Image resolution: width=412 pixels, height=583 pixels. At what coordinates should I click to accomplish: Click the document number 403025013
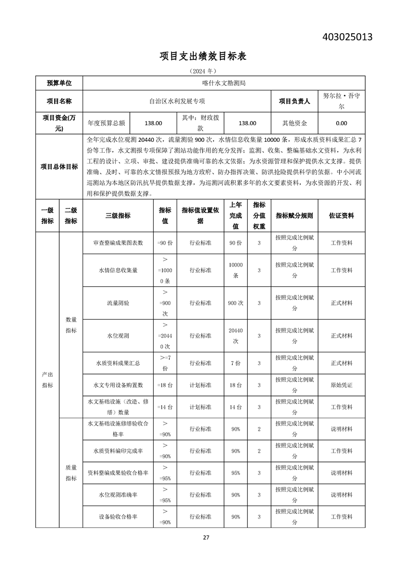coord(348,37)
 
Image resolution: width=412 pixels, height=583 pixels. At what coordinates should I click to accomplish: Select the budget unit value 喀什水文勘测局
coord(223,83)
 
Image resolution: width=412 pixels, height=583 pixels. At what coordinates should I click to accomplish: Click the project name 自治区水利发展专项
coord(177,101)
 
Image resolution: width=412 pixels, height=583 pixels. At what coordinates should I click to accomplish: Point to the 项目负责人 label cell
coord(294,101)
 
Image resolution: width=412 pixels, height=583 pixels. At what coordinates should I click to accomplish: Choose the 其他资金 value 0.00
coord(341,123)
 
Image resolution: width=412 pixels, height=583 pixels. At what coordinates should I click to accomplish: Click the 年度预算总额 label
coord(107,123)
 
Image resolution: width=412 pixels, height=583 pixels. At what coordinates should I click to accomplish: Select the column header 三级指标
coord(118,216)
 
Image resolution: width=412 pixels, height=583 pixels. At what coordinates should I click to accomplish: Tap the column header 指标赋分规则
coord(294,216)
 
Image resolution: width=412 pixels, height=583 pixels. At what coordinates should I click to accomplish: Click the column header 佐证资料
coord(341,216)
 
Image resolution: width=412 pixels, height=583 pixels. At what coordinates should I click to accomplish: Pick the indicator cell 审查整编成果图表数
coord(118,243)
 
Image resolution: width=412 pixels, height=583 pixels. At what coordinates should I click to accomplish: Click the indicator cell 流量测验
coord(118,302)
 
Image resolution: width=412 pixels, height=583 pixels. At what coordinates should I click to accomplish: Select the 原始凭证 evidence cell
coord(341,385)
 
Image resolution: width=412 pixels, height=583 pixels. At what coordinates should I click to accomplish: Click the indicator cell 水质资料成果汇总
coord(118,363)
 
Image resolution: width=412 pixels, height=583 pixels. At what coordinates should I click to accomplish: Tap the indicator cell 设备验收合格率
coord(118,517)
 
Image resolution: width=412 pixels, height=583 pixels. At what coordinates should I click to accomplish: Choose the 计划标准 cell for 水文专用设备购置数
coord(200,385)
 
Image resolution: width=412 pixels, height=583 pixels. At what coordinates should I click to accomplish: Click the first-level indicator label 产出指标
coord(47,380)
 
